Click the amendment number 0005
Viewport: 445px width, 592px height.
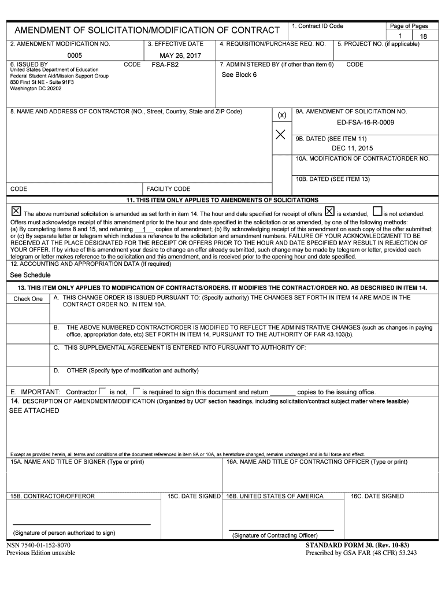point(75,55)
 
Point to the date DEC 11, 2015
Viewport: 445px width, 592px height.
point(353,148)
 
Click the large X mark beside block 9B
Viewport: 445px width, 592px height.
point(281,135)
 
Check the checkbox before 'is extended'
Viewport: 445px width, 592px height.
point(329,212)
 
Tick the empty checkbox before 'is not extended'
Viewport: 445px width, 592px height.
point(377,212)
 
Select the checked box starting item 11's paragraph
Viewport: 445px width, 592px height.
point(16,212)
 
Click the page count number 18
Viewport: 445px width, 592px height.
point(423,36)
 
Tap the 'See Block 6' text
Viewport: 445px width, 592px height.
point(239,75)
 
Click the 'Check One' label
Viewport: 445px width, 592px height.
point(28,299)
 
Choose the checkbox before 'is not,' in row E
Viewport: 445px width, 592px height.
point(102,391)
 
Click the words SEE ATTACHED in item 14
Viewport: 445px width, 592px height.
point(34,410)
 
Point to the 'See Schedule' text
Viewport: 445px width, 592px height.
point(30,275)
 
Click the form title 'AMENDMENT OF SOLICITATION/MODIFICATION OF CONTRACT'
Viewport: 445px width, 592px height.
point(147,30)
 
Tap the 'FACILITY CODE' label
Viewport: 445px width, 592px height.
point(168,189)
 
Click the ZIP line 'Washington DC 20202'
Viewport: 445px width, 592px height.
point(36,88)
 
